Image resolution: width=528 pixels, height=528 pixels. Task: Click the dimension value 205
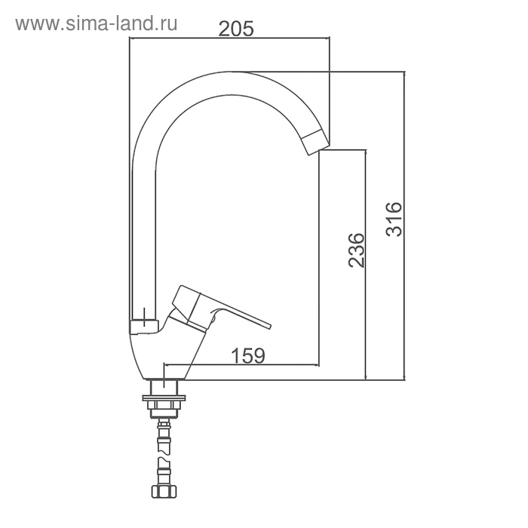pos(235,29)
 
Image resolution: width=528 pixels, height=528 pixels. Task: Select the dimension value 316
pos(394,219)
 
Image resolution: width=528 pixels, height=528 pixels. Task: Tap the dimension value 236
pos(356,250)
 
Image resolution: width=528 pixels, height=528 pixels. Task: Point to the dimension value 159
pos(248,355)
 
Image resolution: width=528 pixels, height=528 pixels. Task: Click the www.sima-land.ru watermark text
pos(97,24)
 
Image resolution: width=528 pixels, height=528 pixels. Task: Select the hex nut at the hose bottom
pos(164,491)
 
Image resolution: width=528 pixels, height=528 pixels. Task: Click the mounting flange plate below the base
pos(164,398)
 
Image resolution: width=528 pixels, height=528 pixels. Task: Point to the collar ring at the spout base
pos(144,327)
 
